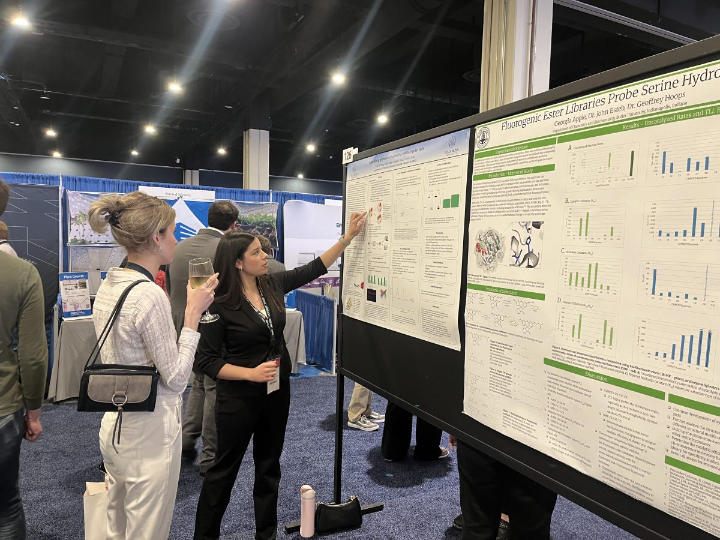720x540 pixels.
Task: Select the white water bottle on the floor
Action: click(307, 511)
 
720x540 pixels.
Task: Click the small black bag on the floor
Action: click(338, 515)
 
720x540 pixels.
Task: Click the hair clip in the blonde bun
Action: click(114, 218)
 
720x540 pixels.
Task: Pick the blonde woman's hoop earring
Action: click(158, 248)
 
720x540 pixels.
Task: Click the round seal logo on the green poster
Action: click(483, 138)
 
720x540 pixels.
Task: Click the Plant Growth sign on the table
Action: click(75, 294)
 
